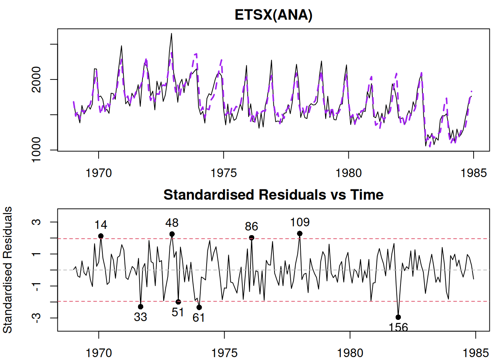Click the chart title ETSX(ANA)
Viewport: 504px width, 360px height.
[x=273, y=15]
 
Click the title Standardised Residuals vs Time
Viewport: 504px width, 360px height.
[x=273, y=195]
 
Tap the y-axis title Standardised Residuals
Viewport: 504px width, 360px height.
[x=7, y=270]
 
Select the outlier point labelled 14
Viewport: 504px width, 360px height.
[x=101, y=236]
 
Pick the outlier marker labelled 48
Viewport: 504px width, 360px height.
[x=172, y=234]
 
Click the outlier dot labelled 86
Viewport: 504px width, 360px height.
[x=252, y=238]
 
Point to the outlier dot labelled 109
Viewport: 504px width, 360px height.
[x=300, y=234]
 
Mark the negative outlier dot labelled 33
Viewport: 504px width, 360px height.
[x=141, y=307]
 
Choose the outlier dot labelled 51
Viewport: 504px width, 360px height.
[x=178, y=302]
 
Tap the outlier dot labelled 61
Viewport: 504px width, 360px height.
[x=199, y=307]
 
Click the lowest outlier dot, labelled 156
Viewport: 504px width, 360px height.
[x=398, y=317]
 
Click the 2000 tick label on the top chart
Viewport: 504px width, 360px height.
[x=36, y=79]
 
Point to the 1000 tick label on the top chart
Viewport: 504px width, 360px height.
[x=36, y=150]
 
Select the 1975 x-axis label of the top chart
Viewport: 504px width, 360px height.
[x=223, y=173]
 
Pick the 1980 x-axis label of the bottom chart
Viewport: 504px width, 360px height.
[x=350, y=353]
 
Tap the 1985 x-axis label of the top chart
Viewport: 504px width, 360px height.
[x=473, y=173]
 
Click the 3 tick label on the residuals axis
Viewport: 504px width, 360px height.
[x=36, y=222]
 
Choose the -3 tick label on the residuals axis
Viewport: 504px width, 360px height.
[x=36, y=318]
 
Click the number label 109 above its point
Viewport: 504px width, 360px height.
[x=300, y=222]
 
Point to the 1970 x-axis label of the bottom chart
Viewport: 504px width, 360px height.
[x=99, y=353]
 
